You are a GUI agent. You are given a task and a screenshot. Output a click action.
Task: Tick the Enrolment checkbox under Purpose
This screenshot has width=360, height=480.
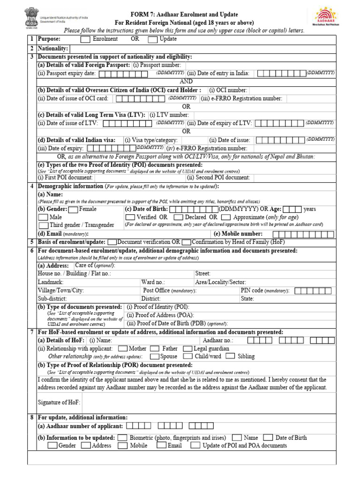coord(86,39)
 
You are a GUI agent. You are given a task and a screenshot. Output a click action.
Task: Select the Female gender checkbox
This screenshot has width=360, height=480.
coord(74,209)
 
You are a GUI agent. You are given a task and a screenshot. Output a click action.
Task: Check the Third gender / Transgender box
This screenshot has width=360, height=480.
coord(43,225)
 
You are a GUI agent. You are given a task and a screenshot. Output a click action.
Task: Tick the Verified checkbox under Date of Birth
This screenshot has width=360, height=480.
coord(130,217)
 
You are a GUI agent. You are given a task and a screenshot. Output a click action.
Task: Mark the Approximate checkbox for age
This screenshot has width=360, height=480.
coord(226,217)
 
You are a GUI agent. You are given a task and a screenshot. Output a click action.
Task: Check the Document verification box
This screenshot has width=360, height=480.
coord(112,242)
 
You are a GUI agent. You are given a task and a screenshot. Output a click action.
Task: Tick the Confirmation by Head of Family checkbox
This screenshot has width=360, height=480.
coord(186,242)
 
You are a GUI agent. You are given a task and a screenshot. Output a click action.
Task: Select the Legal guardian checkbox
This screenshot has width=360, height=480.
coord(187,349)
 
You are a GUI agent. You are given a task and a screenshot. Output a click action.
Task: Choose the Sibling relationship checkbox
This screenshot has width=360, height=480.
coord(230,356)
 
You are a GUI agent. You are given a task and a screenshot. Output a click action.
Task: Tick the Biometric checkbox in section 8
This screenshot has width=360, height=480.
coord(122,437)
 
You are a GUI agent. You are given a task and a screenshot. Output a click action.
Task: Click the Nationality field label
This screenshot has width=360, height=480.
coord(53,48)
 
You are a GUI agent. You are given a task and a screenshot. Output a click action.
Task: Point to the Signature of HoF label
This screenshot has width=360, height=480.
coord(59,402)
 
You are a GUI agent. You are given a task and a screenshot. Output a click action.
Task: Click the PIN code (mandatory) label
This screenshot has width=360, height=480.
coord(265,291)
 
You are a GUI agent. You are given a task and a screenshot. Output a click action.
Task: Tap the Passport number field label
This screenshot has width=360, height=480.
coord(157,65)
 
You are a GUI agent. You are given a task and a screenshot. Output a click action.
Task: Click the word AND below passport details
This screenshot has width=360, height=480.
coord(186,81)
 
